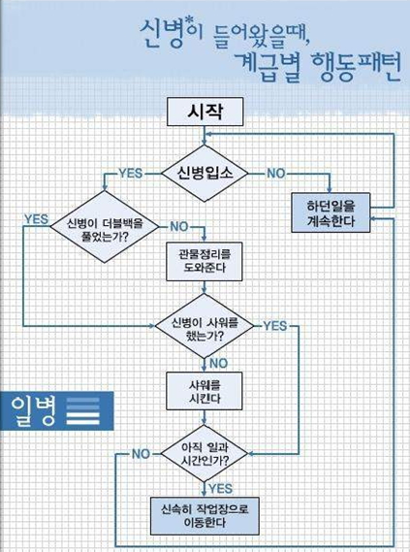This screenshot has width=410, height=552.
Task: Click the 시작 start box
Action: tap(205, 112)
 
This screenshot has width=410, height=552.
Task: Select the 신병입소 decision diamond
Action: tap(205, 174)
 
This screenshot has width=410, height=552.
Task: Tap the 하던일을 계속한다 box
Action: tap(331, 212)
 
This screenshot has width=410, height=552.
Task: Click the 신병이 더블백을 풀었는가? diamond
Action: tap(105, 227)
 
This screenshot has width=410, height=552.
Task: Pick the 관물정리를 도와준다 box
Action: tap(205, 261)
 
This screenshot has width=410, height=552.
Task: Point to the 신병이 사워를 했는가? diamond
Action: tap(205, 326)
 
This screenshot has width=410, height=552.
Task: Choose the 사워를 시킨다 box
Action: tap(205, 391)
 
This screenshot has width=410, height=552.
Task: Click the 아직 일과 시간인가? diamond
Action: tap(205, 453)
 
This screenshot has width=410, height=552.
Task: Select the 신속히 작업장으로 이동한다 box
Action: tap(205, 516)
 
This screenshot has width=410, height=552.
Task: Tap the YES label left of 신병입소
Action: tap(131, 174)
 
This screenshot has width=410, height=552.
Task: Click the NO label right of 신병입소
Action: tap(276, 174)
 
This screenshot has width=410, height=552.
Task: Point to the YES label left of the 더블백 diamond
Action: tap(36, 219)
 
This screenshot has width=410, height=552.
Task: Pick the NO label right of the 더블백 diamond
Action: tap(179, 227)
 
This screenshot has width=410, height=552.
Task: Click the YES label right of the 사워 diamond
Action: tap(275, 326)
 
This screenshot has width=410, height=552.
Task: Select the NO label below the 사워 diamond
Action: tap(218, 363)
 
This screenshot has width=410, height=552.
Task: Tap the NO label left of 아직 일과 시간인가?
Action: tap(141, 454)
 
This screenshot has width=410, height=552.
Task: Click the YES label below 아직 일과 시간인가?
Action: tap(220, 489)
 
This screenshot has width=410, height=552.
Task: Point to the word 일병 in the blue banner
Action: tap(33, 410)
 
